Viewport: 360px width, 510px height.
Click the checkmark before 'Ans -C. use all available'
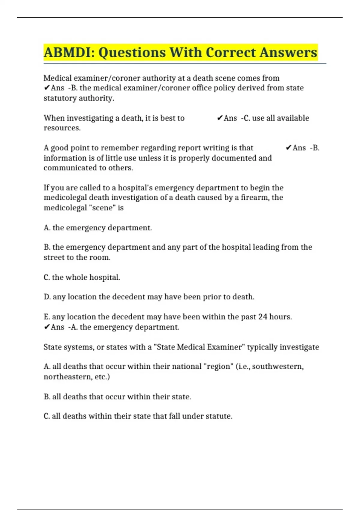pos(220,118)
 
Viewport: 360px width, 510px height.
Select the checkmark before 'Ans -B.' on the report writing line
pos(288,148)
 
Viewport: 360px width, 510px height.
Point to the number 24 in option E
pos(262,317)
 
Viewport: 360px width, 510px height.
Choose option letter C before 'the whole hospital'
pos(47,277)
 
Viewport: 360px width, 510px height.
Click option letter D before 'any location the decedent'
pos(47,297)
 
